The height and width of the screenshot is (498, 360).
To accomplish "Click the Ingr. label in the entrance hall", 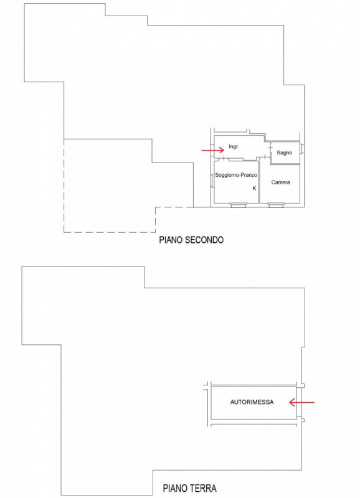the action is tap(234, 147).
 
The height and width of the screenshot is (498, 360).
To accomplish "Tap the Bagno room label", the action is tap(285, 153).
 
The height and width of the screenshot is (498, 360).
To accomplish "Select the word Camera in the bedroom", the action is tap(280, 182).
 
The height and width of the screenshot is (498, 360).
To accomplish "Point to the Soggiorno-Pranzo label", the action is tap(236, 175).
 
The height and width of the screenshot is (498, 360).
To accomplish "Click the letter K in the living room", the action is tap(254, 189).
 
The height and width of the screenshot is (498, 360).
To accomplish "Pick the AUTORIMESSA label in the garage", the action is tap(252, 402).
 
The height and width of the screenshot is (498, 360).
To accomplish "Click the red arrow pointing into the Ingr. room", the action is tap(213, 150).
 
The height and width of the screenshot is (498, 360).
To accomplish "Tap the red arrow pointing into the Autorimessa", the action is tap(301, 402).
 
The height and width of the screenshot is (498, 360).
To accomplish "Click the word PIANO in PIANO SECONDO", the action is tap(171, 240).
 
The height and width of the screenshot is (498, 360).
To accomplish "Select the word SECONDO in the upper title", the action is tap(204, 240).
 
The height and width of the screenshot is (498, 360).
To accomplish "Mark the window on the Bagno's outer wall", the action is tap(302, 149).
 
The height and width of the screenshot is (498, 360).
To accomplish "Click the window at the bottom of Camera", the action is tap(276, 205).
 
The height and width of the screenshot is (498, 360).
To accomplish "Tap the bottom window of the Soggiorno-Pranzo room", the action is tap(239, 205).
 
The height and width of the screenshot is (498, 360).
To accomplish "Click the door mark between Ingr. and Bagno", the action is tap(270, 152).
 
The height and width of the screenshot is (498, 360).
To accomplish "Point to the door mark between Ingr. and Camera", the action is tap(262, 158).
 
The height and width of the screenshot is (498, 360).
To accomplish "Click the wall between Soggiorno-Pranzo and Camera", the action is tap(259, 182).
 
